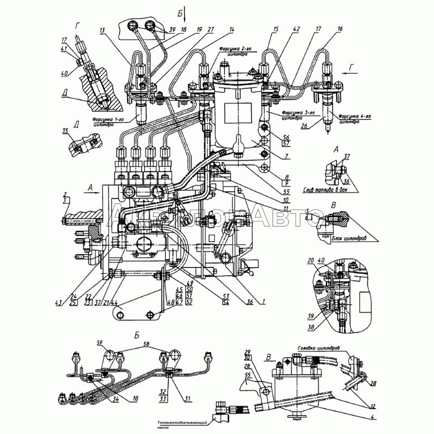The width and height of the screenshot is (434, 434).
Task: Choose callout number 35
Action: click(x=66, y=131)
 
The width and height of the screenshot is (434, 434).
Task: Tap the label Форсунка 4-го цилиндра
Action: click(x=356, y=119)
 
